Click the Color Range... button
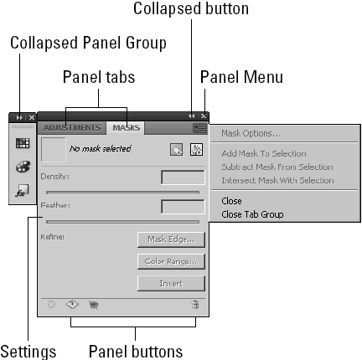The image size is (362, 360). pos(171,261)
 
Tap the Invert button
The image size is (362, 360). pos(171,284)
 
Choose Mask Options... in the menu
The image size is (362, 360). pos(251,133)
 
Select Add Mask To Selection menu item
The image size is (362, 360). pos(263,154)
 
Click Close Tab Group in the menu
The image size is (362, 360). pos(251,213)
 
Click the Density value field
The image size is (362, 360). pos(182,177)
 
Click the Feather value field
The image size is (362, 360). pos(182,206)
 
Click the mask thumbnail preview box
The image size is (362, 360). pos(53,150)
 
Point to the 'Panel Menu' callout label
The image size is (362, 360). pos(242,77)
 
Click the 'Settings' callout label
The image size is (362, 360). pos(28,348)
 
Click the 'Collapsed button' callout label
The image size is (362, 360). pos(191,10)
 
